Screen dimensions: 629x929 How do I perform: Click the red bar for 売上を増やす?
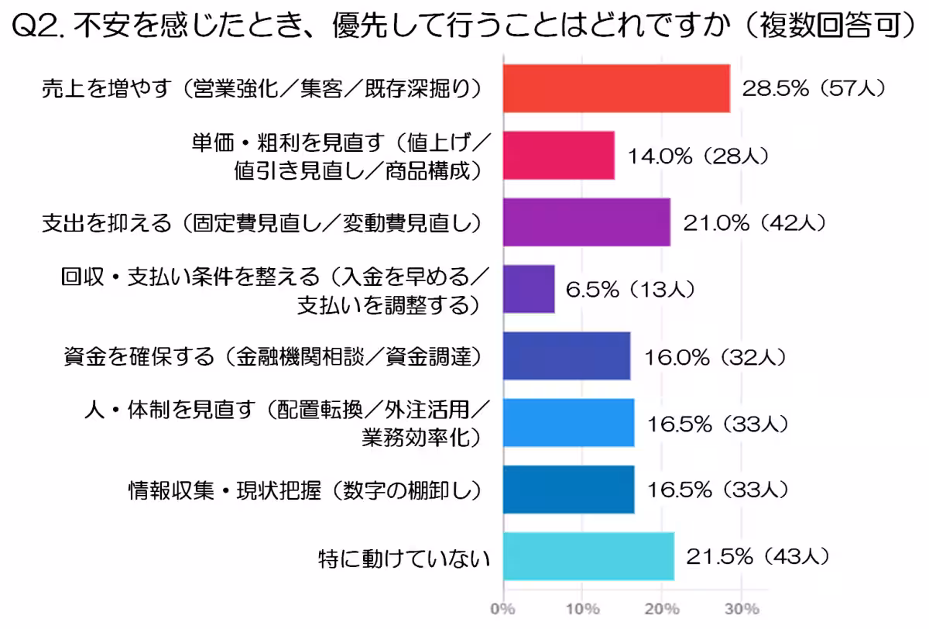pyautogui.click(x=616, y=88)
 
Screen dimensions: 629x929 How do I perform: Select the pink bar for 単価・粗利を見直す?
pyautogui.click(x=558, y=155)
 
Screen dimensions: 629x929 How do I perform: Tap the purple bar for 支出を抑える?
pyautogui.click(x=586, y=222)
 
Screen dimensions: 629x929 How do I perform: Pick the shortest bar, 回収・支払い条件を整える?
pyautogui.click(x=529, y=289)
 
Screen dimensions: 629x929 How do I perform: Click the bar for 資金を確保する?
pyautogui.click(x=566, y=356)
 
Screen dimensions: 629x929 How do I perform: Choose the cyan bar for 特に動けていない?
pyautogui.click(x=588, y=556)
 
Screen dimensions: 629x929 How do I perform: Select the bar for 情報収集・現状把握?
pyautogui.click(x=568, y=490)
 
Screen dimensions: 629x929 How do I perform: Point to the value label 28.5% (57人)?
pyautogui.click(x=813, y=88)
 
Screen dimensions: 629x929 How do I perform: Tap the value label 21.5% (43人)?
pyautogui.click(x=759, y=556)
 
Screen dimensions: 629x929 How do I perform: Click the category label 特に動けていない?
pyautogui.click(x=405, y=557)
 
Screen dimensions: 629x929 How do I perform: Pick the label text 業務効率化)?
pyautogui.click(x=421, y=438)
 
